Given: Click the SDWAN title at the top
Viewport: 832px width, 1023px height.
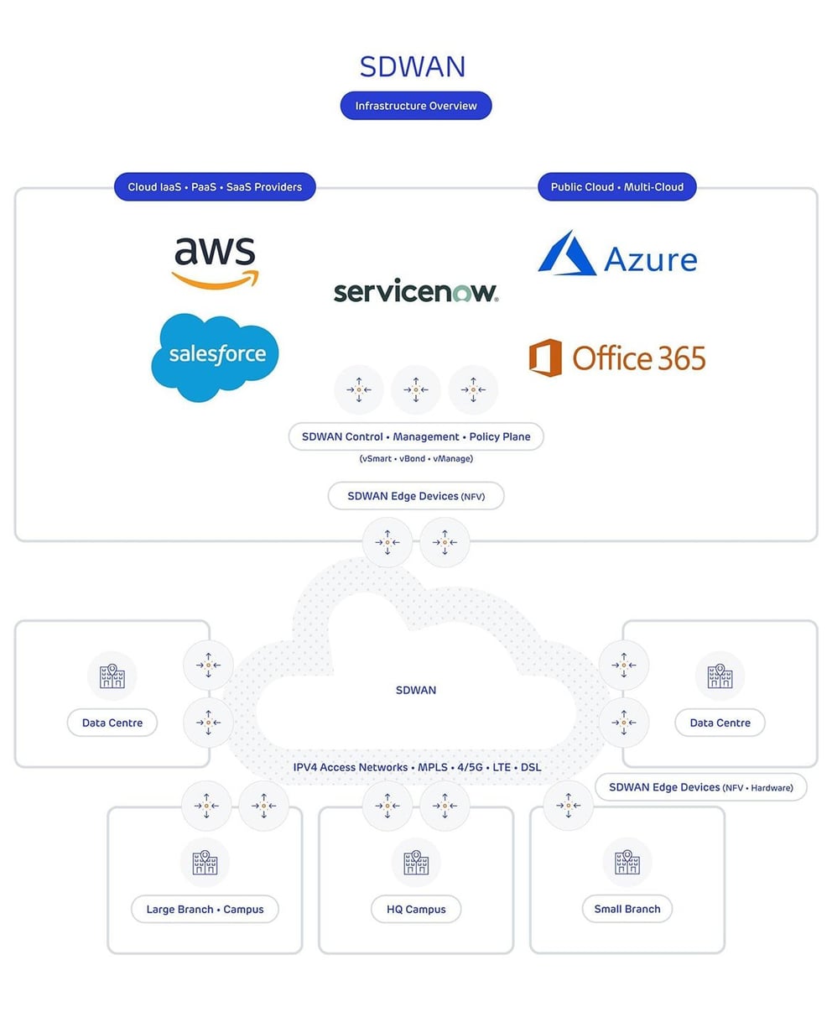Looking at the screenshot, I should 412,66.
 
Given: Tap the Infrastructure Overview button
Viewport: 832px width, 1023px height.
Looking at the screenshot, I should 415,106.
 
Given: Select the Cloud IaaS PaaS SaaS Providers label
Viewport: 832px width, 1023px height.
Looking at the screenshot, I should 215,186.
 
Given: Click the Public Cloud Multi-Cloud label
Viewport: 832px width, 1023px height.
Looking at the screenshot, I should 616,186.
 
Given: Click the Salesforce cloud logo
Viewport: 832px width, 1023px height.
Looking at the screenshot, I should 216,356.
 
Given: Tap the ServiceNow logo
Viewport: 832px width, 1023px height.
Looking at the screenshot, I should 415,292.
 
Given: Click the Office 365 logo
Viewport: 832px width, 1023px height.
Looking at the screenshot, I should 617,358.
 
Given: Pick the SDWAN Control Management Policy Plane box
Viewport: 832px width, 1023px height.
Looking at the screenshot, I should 415,436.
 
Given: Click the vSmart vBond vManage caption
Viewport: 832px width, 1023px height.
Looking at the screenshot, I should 415,458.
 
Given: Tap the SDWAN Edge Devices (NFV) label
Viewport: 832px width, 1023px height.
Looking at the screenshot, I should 415,496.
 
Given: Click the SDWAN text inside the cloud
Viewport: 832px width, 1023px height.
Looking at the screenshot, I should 415,690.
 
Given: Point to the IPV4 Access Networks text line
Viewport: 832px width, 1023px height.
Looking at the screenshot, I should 417,767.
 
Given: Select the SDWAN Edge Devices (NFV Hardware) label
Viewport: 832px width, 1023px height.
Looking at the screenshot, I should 700,787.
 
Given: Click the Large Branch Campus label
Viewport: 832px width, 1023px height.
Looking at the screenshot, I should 205,909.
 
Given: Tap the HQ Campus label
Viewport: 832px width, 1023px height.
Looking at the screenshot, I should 415,909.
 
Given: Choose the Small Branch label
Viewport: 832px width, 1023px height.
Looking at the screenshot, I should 627,908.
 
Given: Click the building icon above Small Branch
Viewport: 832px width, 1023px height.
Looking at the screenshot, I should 627,862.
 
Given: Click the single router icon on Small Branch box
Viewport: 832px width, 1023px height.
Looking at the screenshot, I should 568,806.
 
